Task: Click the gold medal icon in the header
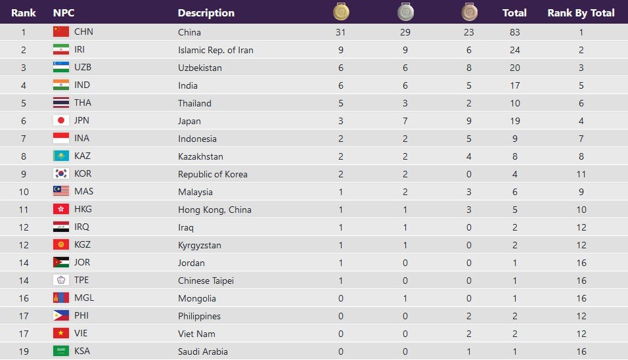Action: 341,12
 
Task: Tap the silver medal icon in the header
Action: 405,12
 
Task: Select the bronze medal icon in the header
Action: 469,12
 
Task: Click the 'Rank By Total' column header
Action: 581,12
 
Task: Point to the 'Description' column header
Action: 206,12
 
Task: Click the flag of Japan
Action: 61,120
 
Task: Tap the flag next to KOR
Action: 61,173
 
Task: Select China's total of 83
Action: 514,32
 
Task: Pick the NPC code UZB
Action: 83,67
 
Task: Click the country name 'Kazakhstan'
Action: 200,156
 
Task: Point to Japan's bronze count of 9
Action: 469,120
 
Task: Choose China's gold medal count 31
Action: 340,32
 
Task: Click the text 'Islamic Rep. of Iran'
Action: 215,50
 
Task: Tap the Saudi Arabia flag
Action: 61,351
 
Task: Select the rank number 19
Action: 24,351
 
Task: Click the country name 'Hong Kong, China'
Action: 214,210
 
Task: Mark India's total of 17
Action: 514,85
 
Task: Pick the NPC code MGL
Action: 84,298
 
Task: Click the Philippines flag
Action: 61,315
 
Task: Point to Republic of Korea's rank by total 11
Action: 581,174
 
